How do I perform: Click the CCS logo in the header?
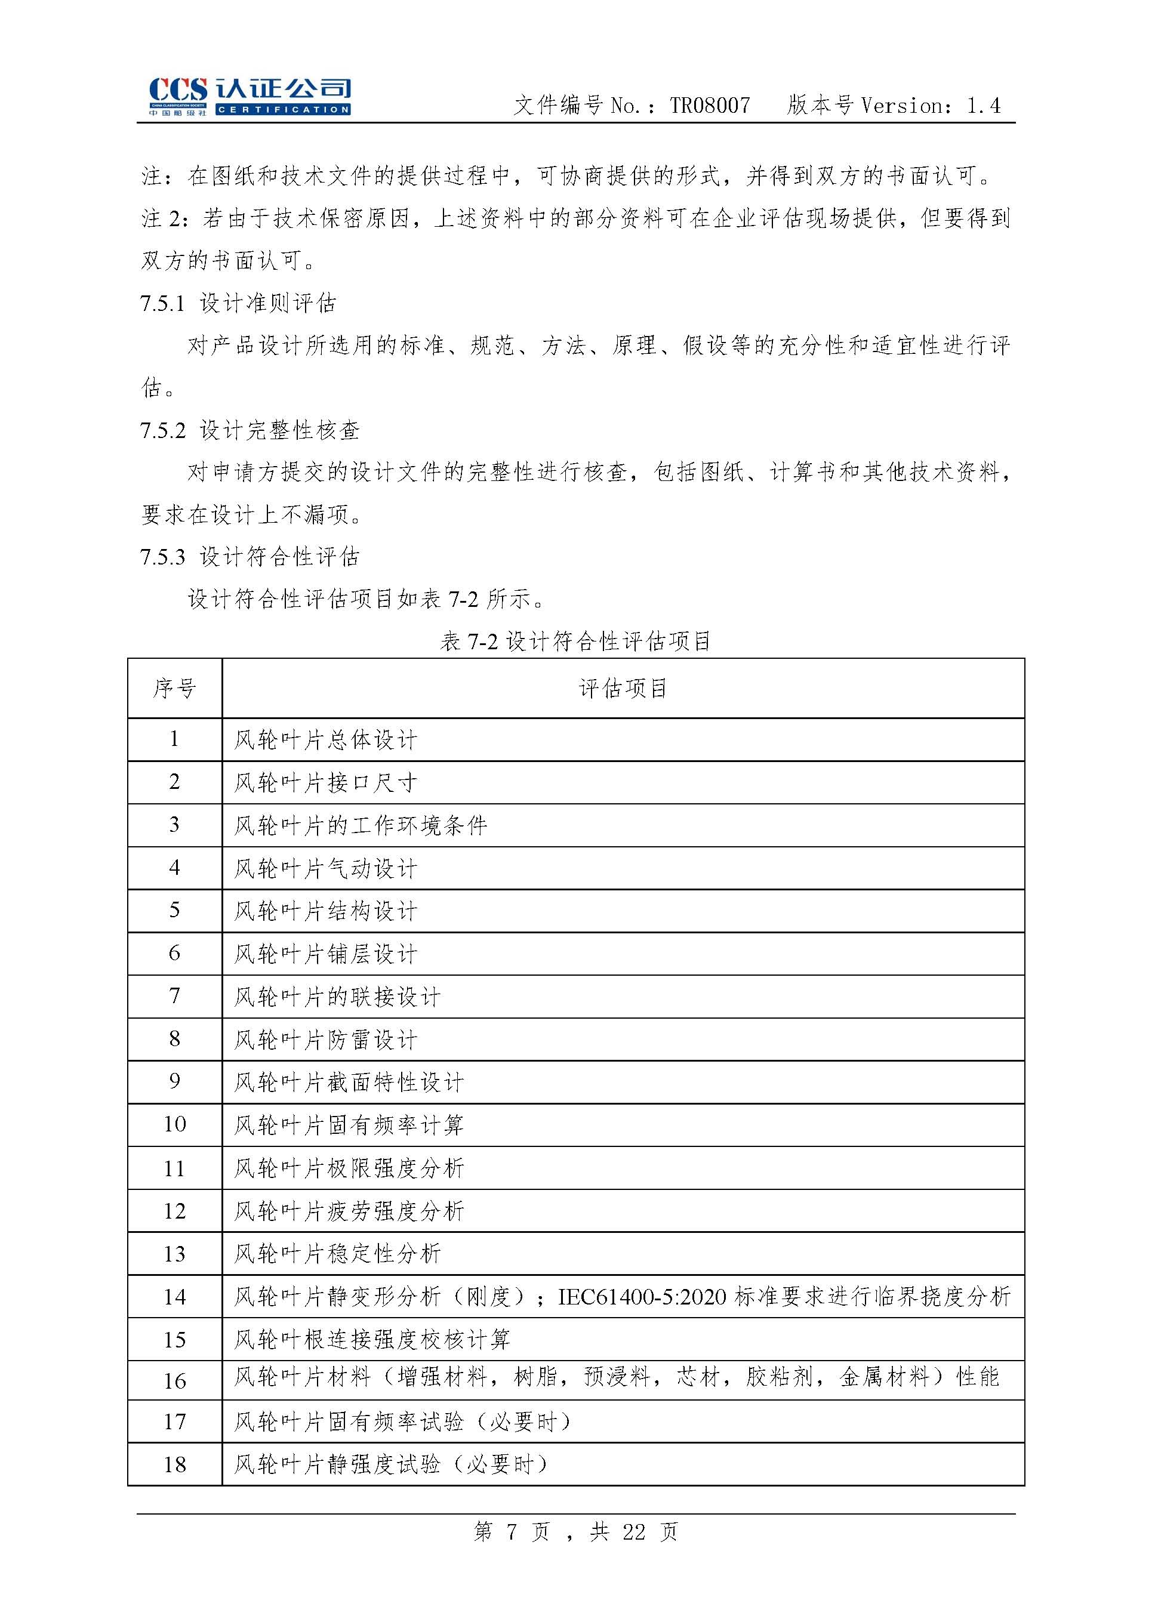(248, 96)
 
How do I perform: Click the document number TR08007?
(709, 106)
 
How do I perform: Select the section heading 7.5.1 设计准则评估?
(238, 303)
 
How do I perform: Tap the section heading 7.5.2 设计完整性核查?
(250, 430)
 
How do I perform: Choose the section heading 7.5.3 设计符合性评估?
(250, 556)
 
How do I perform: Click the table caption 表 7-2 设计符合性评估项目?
(575, 642)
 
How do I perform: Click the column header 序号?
(174, 688)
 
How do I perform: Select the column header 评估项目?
(623, 688)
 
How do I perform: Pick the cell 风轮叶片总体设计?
(326, 740)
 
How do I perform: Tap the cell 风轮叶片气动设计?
(326, 868)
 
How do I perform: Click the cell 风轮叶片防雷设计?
(326, 1040)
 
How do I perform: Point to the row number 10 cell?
(174, 1124)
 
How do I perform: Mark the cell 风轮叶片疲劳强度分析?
(349, 1211)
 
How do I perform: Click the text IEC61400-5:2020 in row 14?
(642, 1297)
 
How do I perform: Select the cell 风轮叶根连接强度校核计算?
(372, 1340)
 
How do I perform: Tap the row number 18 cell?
(174, 1464)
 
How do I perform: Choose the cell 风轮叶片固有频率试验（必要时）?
(402, 1421)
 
